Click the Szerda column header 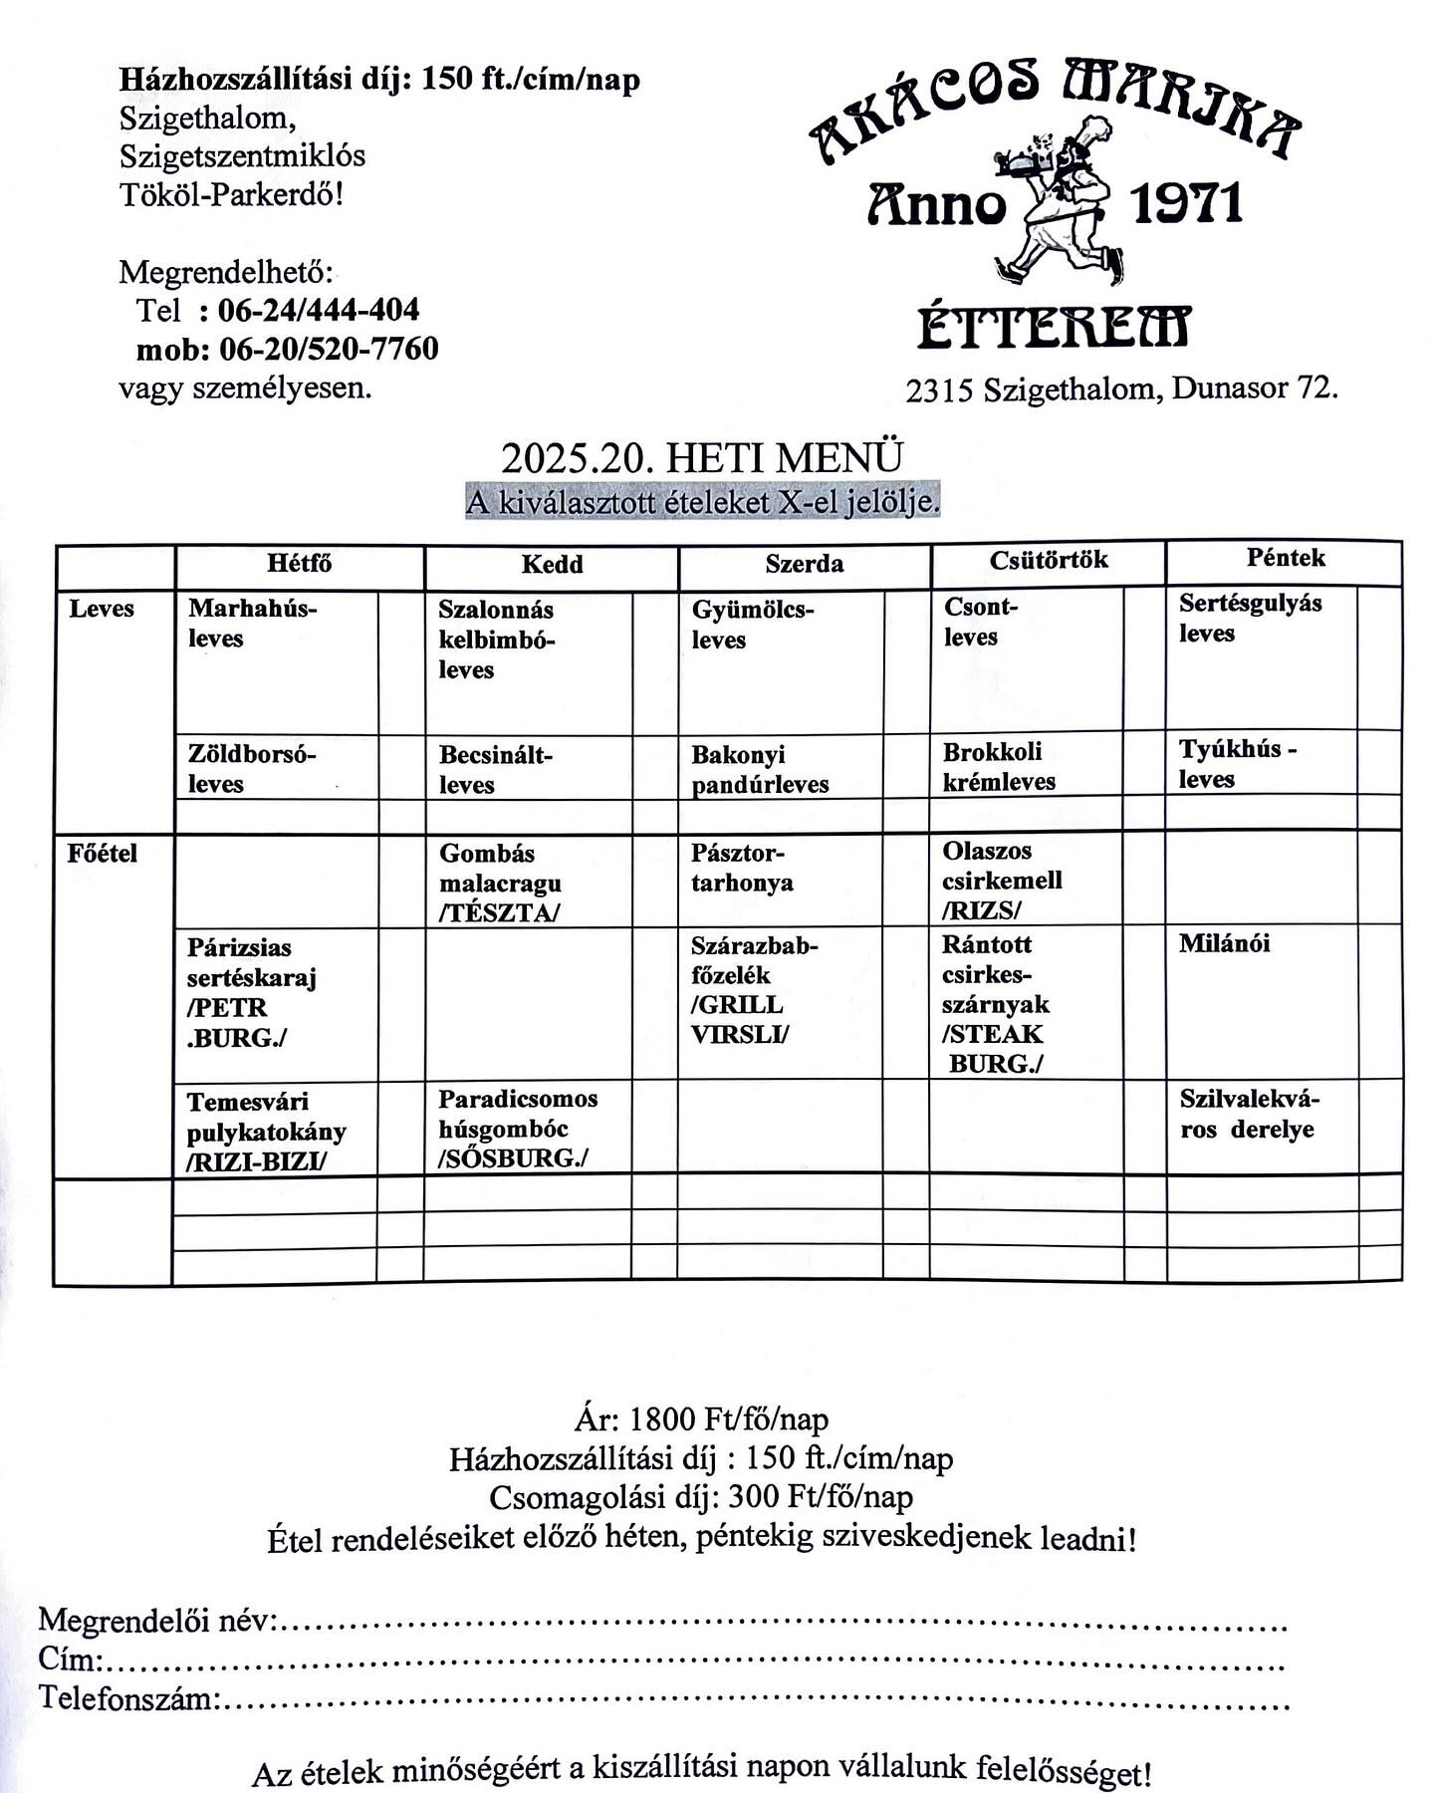(804, 564)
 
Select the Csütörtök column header (1048, 560)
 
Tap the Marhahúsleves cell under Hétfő (253, 623)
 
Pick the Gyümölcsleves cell (753, 625)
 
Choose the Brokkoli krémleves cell (999, 766)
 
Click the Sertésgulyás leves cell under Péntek (1250, 618)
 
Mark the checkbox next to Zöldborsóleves (400, 768)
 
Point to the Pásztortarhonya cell (742, 868)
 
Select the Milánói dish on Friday (1224, 943)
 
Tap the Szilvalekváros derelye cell (1248, 1114)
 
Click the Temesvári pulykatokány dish (266, 1131)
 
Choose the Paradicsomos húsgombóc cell (518, 1128)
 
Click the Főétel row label (103, 854)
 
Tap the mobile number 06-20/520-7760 (328, 349)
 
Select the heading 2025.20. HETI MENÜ (702, 458)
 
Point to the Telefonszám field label (127, 1697)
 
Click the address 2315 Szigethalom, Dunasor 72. (1121, 388)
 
